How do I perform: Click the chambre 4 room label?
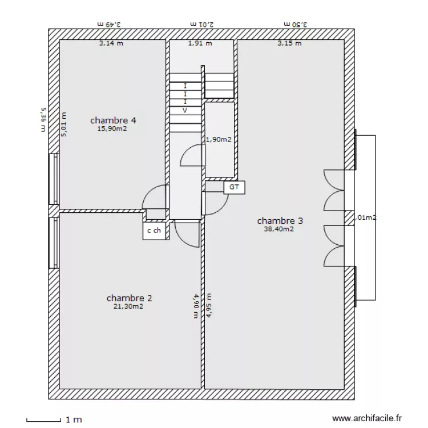[x=113, y=120]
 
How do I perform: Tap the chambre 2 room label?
[x=129, y=298]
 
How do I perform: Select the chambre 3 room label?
[x=280, y=220]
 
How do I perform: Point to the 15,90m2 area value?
[x=112, y=128]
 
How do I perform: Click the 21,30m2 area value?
[x=128, y=306]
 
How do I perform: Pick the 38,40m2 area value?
[x=278, y=229]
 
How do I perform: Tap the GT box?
[x=234, y=187]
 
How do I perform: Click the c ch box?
[x=154, y=231]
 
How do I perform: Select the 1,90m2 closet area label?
[x=219, y=139]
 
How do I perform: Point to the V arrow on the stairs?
[x=185, y=111]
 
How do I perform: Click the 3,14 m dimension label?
[x=111, y=43]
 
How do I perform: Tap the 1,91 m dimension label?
[x=200, y=43]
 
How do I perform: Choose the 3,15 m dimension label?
[x=289, y=43]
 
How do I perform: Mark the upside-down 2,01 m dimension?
[x=202, y=24]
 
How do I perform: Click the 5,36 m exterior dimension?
[x=43, y=120]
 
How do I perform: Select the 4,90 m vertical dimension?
[x=196, y=306]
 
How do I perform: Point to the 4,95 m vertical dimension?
[x=209, y=305]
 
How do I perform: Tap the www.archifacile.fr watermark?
[x=367, y=418]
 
